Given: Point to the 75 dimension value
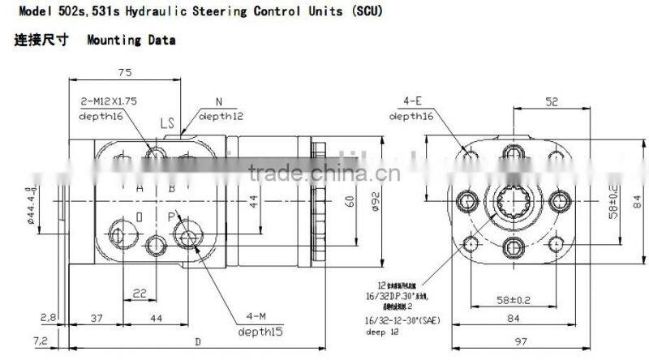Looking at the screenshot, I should click(124, 72).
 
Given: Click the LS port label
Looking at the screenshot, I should click(168, 124).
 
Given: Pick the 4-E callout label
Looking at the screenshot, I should click(413, 102).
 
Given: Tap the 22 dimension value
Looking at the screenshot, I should click(140, 293).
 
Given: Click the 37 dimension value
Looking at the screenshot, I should click(97, 317).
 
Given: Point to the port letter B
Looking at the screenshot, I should click(171, 188).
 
